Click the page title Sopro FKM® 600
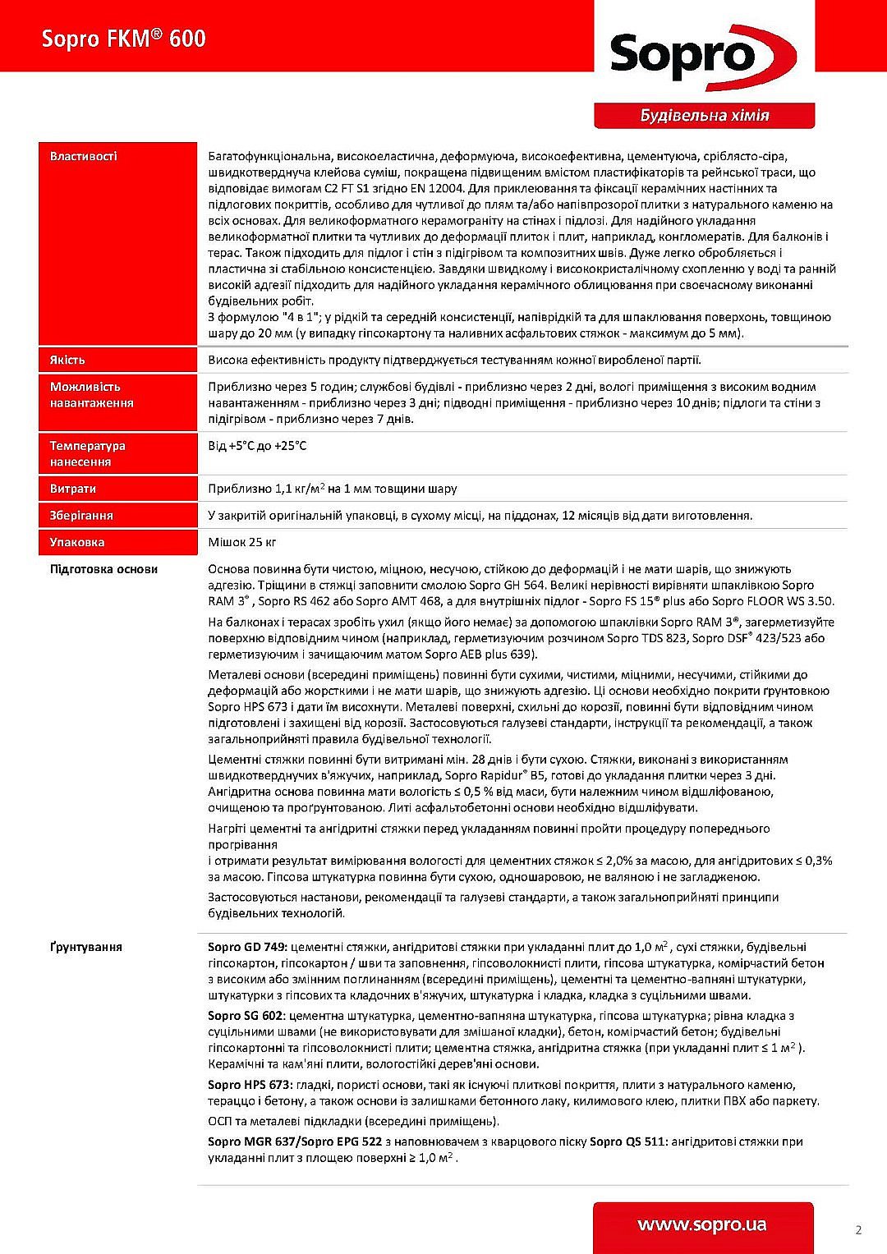coord(123,39)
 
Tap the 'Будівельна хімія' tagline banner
coord(704,116)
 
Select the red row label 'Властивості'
coord(83,156)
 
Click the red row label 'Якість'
coord(67,360)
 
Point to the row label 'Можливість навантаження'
coord(91,395)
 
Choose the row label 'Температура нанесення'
coord(87,454)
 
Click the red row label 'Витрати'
coord(73,489)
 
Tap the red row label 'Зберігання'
coord(81,516)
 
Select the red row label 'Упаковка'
coord(77,542)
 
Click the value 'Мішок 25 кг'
coord(242,542)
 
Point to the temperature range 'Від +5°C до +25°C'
coord(257,446)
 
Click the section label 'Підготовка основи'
coord(103,569)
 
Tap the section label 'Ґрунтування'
coord(85,947)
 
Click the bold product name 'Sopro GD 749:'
coord(247,947)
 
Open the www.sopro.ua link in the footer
coord(702,1225)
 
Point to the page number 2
coord(858,1229)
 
